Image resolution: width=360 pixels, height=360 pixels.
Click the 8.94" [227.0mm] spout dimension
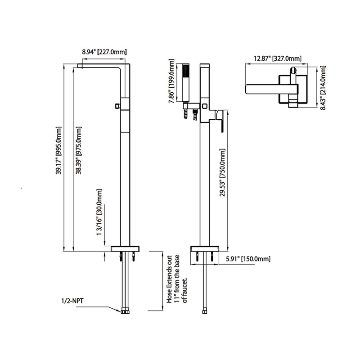point(104,52)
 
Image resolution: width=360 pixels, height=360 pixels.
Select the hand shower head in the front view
point(186,83)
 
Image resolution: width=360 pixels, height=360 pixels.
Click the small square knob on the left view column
point(117,106)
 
